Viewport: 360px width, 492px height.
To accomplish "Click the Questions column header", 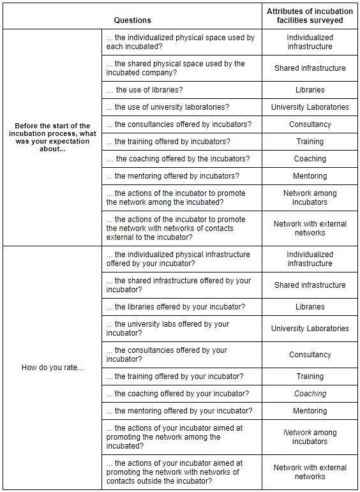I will click(132, 20).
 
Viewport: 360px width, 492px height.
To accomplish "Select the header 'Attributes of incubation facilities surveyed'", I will click(310, 16).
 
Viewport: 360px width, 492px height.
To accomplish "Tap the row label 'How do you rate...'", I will click(52, 368).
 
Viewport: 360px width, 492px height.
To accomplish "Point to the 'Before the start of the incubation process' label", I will click(52, 138).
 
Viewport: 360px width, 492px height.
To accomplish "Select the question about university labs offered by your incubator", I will click(168, 329).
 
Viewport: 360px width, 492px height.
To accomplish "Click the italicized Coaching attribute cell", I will click(310, 394).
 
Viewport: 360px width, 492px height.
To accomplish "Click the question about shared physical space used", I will click(176, 68).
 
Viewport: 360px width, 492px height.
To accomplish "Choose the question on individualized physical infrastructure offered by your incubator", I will click(178, 259).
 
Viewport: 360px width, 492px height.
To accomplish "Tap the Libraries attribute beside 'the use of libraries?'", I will click(310, 90).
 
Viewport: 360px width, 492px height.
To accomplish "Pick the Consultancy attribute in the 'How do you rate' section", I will click(310, 355).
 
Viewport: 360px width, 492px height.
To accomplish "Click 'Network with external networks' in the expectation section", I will click(310, 228).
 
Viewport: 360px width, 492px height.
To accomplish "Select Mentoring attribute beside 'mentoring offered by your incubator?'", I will click(310, 411).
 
